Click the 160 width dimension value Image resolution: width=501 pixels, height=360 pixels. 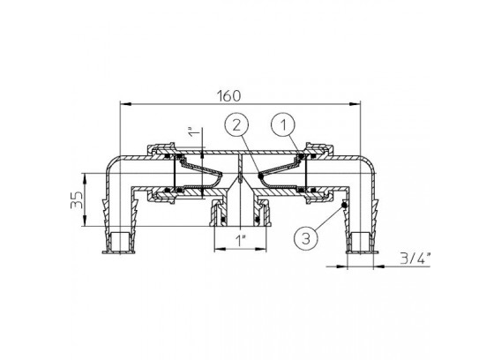tap(228, 95)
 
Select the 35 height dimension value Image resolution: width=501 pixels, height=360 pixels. tap(77, 199)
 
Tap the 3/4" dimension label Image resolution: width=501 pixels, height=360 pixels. tap(415, 258)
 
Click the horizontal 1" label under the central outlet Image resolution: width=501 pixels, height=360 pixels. tap(241, 240)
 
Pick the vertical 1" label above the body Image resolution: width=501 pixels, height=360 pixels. tap(194, 132)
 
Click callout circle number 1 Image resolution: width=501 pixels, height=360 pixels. tap(283, 125)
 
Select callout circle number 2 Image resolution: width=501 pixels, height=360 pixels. tap(236, 125)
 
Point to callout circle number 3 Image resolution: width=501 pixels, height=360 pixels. tap(306, 238)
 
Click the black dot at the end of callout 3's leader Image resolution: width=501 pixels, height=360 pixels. tap(344, 205)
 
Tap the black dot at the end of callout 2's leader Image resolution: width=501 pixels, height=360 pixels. tap(260, 176)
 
